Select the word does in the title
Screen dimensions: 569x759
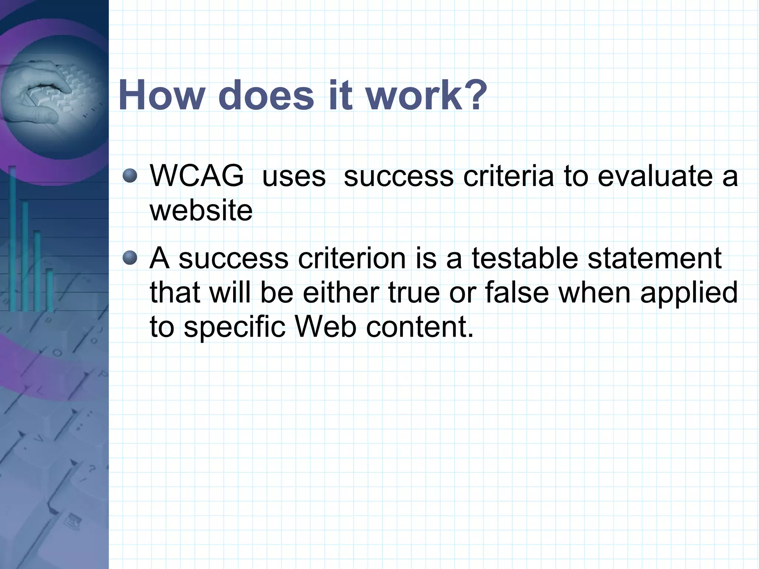[266, 95]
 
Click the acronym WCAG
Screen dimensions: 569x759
[197, 176]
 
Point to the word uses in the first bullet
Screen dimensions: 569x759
[294, 176]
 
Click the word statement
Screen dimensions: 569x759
[654, 258]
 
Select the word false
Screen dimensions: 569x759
[517, 292]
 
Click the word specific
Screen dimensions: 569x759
[235, 327]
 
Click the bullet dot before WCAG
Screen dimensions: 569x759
[130, 175]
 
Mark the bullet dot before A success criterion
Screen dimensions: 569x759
[130, 258]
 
